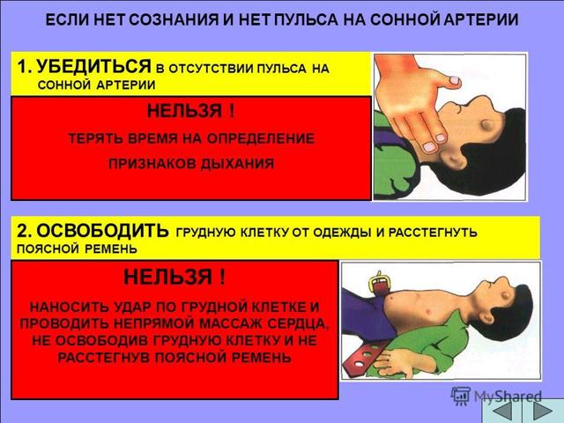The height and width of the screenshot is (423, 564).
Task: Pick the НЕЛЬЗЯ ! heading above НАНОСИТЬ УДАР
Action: pos(174,278)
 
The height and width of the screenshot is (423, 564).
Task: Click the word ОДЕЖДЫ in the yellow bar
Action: pos(352,233)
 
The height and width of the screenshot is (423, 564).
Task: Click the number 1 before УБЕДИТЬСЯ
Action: pos(22,67)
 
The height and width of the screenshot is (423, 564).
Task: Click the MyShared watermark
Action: pos(493,397)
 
